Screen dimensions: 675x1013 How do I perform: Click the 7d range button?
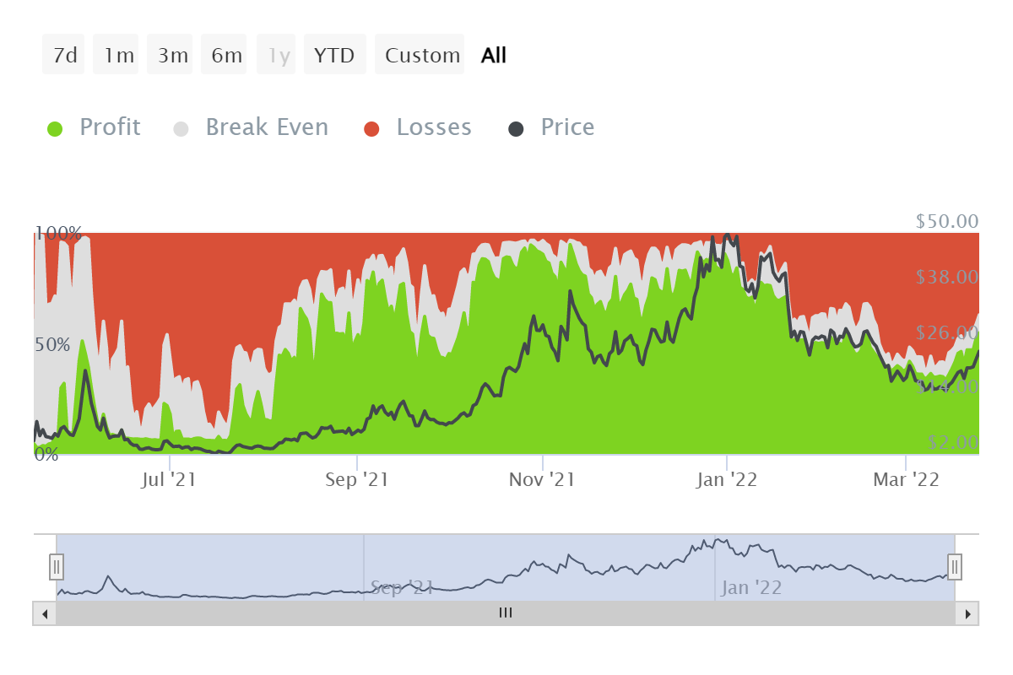coord(64,56)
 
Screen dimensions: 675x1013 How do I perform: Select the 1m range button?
coord(118,56)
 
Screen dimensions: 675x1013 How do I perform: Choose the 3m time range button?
coord(172,56)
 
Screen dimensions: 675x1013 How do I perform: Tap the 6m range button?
coord(226,56)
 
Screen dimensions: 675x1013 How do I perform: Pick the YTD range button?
coord(334,56)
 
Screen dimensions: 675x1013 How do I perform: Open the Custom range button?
coord(421,56)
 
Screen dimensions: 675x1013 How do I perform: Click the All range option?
coord(494,56)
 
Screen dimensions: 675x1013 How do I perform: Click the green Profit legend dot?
coord(56,128)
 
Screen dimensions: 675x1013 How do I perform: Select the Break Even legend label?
coord(266,127)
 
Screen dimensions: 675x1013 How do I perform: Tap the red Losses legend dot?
coord(372,128)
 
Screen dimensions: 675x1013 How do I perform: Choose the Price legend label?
coord(567,127)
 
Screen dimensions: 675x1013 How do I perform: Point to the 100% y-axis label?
coord(59,234)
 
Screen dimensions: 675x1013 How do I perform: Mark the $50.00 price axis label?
coord(946,221)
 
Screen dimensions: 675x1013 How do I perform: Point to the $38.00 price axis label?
coord(946,278)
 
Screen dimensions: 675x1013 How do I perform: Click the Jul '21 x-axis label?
coord(169,480)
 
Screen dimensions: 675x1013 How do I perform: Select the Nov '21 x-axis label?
coord(543,480)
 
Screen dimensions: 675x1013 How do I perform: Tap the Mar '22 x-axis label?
coord(906,480)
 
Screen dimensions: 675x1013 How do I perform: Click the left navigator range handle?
coord(57,566)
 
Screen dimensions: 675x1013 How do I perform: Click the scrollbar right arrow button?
coord(967,613)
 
